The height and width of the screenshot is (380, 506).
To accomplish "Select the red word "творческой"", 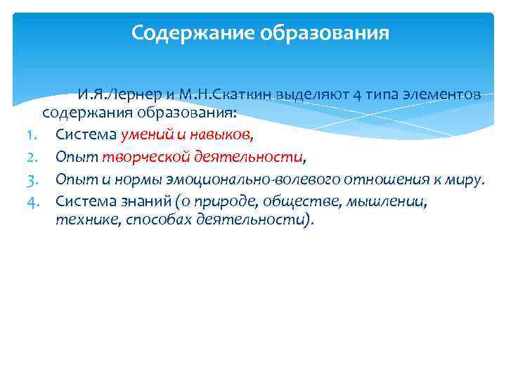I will [137, 157].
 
